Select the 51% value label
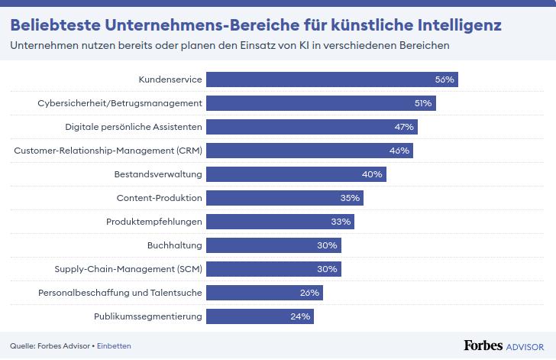pyautogui.click(x=422, y=103)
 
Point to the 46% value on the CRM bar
pyautogui.click(x=399, y=151)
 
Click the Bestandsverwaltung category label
pyautogui.click(x=157, y=174)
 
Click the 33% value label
pyautogui.click(x=341, y=222)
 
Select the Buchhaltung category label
pyautogui.click(x=175, y=245)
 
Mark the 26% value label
pyautogui.click(x=310, y=293)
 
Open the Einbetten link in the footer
pyautogui.click(x=115, y=345)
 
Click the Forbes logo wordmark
pyautogui.click(x=483, y=345)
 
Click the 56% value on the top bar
pyautogui.click(x=444, y=79)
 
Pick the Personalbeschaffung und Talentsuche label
pyautogui.click(x=120, y=293)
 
